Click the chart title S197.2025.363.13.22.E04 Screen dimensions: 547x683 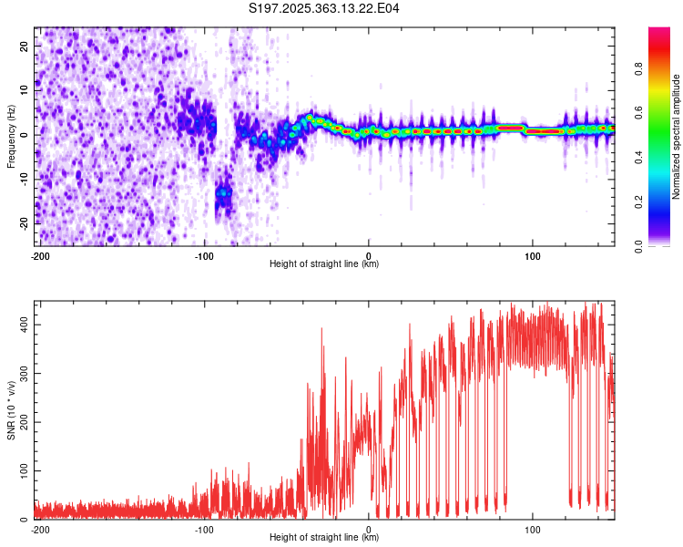324,8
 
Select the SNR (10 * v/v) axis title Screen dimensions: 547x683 11,410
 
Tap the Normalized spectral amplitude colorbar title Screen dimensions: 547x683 677,137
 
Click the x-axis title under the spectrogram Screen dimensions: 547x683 324,263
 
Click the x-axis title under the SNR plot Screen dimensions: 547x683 324,537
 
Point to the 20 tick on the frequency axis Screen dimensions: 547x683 25,45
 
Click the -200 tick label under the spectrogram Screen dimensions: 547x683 39,255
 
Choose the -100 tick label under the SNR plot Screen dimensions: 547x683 204,529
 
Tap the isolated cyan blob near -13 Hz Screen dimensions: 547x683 223,193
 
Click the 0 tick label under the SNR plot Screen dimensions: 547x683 369,529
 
